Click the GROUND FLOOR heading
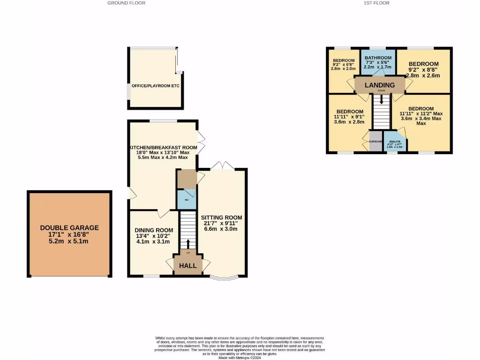click(126, 3)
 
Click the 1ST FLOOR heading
click(376, 3)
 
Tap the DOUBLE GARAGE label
click(69, 228)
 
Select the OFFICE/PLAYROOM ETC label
click(156, 86)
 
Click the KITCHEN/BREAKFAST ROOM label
click(163, 147)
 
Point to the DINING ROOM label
click(154, 230)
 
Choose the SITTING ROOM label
click(221, 217)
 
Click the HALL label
click(188, 265)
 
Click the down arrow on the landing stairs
click(382, 99)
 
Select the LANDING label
click(380, 85)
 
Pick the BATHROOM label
click(378, 58)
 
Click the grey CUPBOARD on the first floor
click(376, 142)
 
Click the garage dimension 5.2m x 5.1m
click(69, 241)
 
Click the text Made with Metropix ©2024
click(240, 358)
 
